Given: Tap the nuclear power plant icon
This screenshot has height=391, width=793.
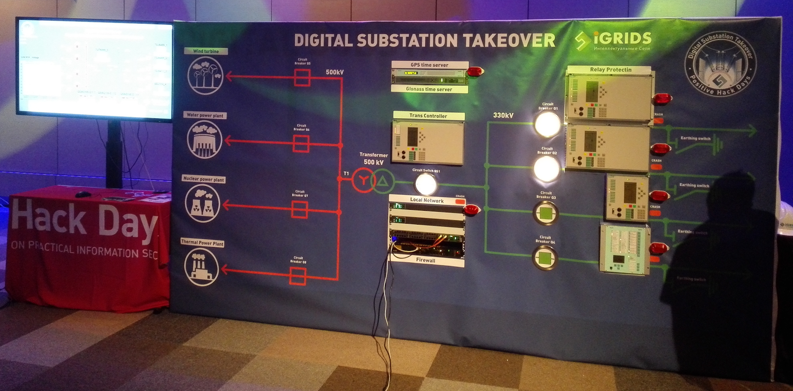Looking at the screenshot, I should click(x=202, y=203).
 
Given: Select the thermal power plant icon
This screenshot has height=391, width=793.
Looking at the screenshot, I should click(x=201, y=267).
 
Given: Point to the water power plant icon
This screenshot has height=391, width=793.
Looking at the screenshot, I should click(x=204, y=140).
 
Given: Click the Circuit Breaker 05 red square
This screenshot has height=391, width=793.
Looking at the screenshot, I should click(x=302, y=78).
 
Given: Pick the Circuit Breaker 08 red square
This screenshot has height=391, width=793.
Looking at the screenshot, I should click(x=297, y=276).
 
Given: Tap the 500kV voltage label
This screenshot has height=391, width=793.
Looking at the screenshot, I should click(x=335, y=72).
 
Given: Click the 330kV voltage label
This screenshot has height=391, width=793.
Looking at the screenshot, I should click(x=503, y=115).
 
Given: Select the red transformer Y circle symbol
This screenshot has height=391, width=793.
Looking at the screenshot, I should click(x=363, y=181).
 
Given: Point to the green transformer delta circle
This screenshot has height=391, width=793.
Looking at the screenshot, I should click(x=382, y=182).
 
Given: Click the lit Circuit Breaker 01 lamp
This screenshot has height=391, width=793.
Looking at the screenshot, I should click(x=547, y=124).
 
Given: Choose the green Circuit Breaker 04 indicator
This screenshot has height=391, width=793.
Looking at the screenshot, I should click(x=545, y=258).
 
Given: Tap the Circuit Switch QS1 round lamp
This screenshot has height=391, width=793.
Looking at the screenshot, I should click(x=425, y=185).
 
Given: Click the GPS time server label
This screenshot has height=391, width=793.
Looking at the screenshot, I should click(x=429, y=65).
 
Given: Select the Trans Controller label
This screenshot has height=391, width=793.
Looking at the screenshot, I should click(x=428, y=116).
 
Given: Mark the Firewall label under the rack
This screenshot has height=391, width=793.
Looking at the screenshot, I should click(x=426, y=260).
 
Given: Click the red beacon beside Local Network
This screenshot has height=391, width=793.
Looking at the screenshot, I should click(x=471, y=210).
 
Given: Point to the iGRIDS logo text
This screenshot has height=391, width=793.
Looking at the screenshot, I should click(x=622, y=39).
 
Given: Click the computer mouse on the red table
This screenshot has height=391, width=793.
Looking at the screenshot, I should click(x=83, y=194).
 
